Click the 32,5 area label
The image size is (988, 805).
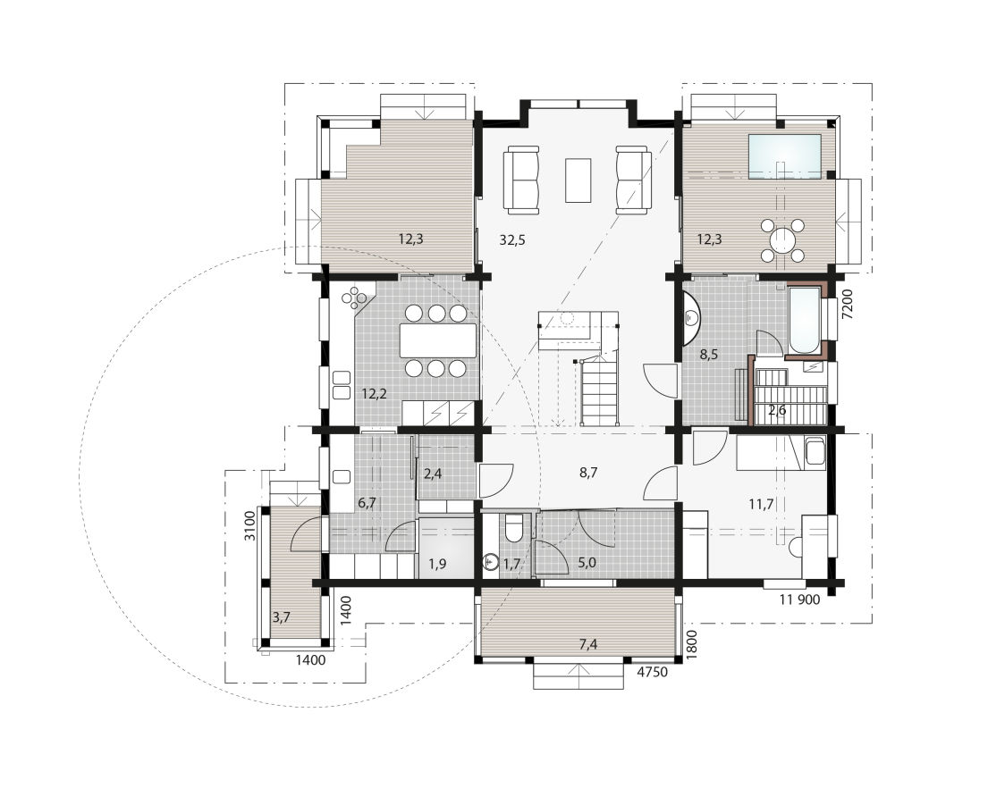click(512, 239)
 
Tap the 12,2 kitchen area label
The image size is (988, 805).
click(375, 395)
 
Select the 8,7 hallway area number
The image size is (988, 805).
click(588, 473)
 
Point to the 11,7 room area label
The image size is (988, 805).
click(762, 504)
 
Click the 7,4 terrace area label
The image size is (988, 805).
click(588, 643)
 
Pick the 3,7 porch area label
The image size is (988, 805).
click(281, 616)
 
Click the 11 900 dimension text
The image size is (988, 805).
click(799, 600)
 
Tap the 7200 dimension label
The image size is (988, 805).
click(848, 306)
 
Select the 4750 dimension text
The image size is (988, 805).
click(652, 672)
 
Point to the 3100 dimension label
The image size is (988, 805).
click(250, 526)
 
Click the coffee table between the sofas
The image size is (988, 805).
click(578, 180)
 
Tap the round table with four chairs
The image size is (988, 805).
click(782, 239)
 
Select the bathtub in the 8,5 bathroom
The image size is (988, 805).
click(804, 322)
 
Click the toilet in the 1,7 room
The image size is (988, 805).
click(513, 526)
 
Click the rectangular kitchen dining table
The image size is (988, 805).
click(438, 340)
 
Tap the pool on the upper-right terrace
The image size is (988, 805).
click(784, 156)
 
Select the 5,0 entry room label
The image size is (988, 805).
click(587, 562)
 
